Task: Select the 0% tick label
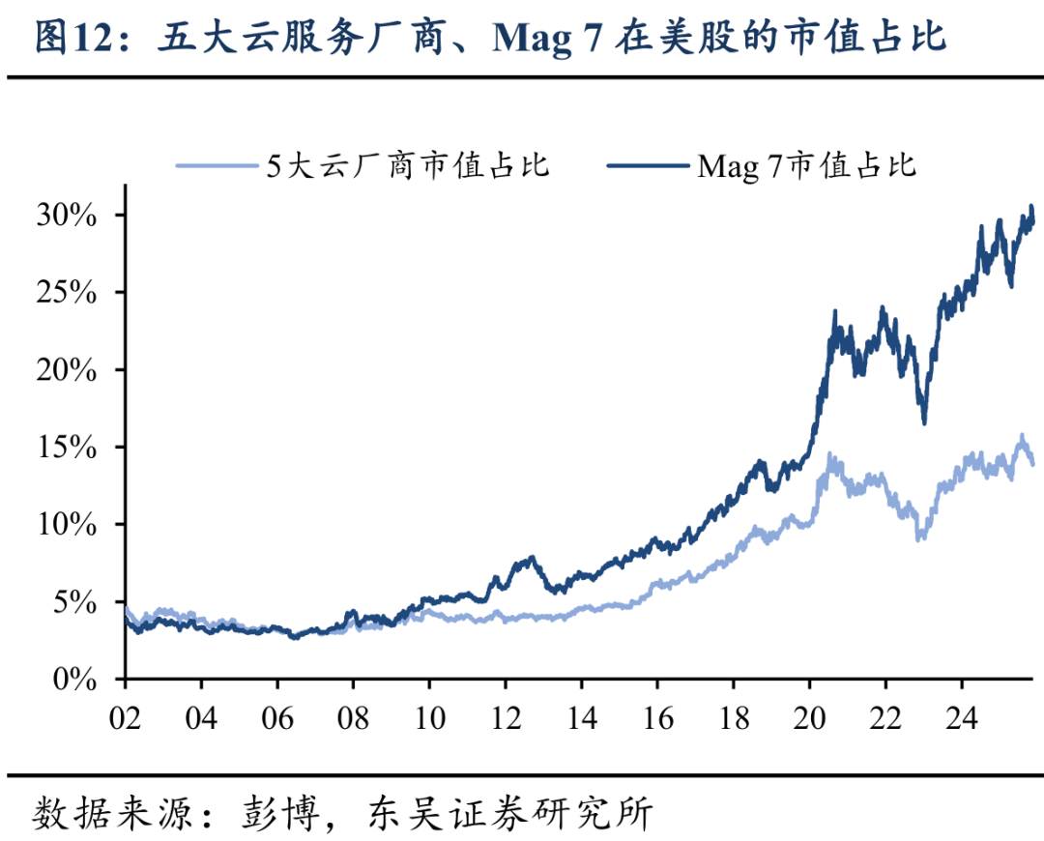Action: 76,681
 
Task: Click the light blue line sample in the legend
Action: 217,167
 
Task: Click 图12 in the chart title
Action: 67,38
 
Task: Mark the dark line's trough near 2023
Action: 924,422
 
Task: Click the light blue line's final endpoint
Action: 1032,464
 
